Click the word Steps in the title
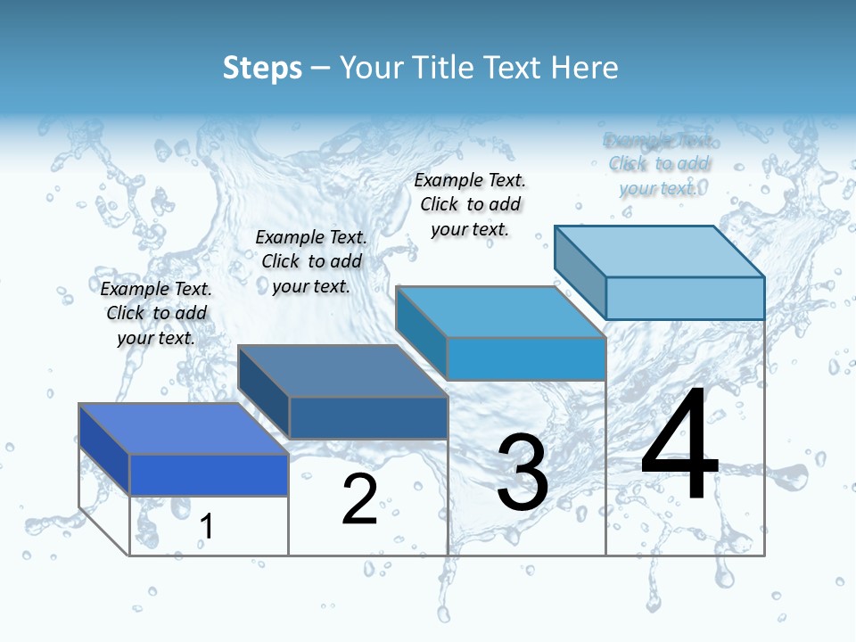(262, 68)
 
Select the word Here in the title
(584, 68)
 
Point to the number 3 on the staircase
(522, 473)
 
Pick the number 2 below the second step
(359, 498)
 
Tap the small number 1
(206, 526)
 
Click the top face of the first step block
(183, 429)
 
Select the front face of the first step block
(209, 474)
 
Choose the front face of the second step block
(368, 417)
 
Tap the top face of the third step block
(500, 312)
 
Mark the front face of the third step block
(526, 358)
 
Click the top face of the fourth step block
(659, 251)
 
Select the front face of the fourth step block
(685, 298)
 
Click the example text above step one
(156, 313)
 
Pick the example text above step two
(311, 261)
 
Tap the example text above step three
(470, 204)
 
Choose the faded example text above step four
(659, 163)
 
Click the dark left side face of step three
(421, 333)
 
